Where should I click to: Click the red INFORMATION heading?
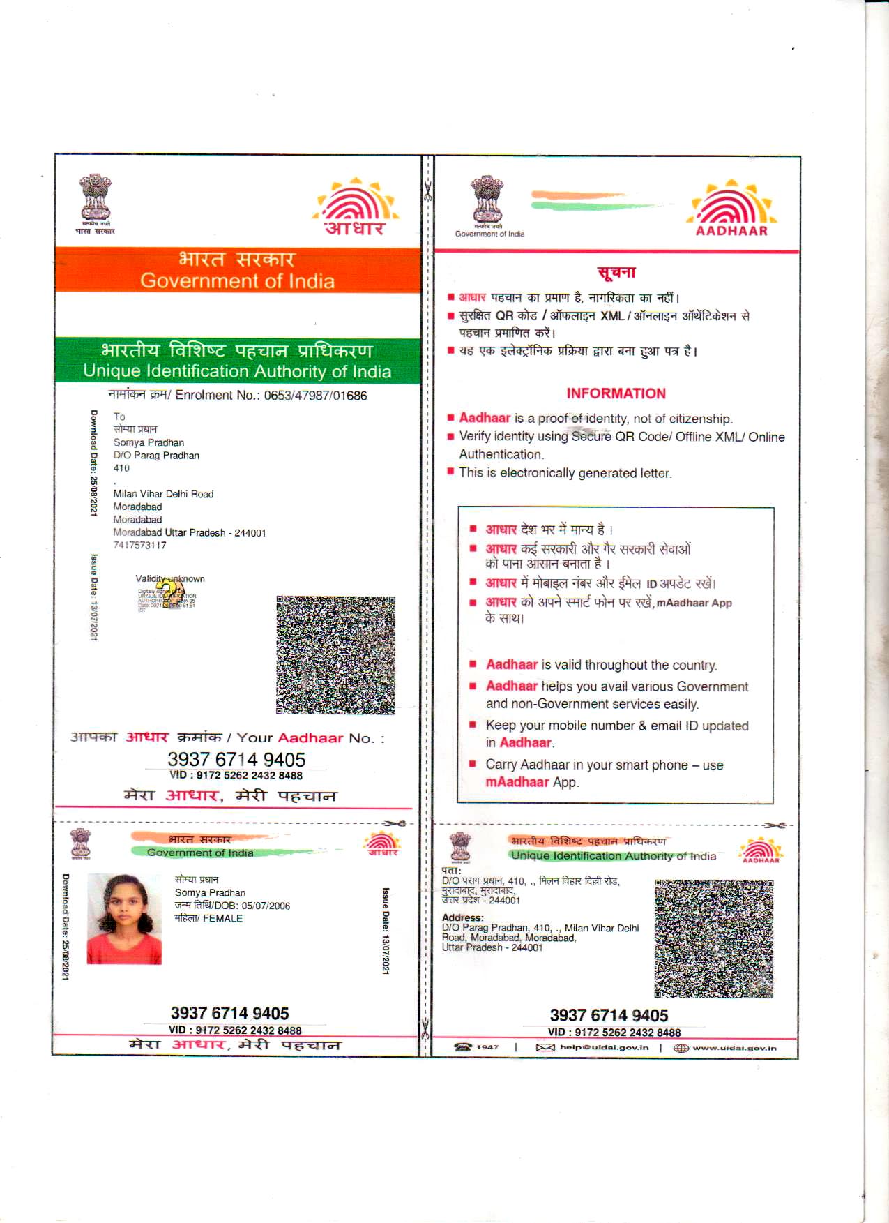(x=616, y=393)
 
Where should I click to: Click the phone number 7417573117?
(x=140, y=546)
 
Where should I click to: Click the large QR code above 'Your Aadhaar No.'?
(x=335, y=655)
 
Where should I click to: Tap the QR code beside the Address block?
(x=713, y=938)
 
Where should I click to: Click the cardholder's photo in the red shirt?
(x=124, y=919)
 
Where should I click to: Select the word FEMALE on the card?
(x=223, y=919)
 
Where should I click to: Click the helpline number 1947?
(x=487, y=1047)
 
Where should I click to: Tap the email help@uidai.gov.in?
(x=604, y=1047)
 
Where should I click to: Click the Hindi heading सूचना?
(x=616, y=273)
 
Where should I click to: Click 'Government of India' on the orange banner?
(x=237, y=281)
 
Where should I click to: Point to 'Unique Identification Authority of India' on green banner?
(x=237, y=371)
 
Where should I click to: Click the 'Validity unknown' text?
(x=170, y=578)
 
